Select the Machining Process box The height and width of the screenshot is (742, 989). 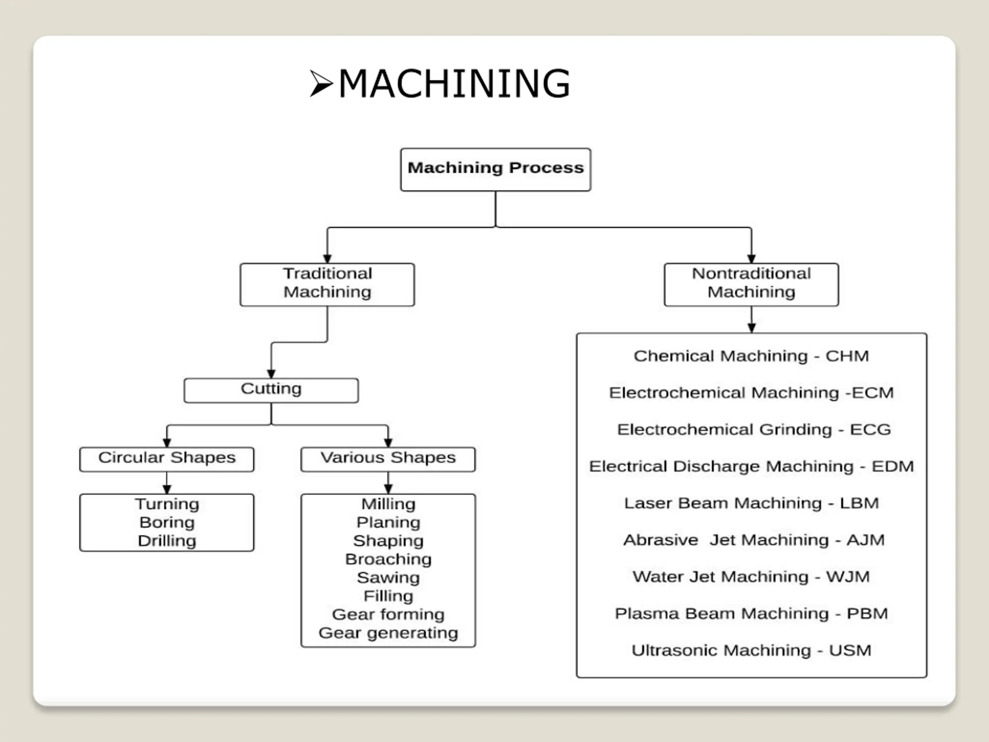click(x=495, y=170)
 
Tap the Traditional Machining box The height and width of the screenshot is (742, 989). click(x=327, y=284)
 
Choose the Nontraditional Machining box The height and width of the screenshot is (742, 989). click(x=751, y=284)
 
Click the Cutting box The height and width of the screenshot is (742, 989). click(x=271, y=390)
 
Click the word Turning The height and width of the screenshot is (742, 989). click(x=167, y=504)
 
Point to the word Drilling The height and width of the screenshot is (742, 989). click(x=167, y=541)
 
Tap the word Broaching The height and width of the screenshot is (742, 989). click(x=388, y=559)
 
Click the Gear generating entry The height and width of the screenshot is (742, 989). click(x=388, y=633)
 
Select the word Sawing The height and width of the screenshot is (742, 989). click(x=388, y=577)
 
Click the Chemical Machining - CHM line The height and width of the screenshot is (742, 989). click(x=751, y=356)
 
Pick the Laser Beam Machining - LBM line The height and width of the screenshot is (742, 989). click(x=751, y=503)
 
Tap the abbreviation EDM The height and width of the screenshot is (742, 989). click(x=892, y=466)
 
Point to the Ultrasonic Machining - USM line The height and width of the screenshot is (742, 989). click(x=751, y=650)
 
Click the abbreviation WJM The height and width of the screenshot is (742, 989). click(x=848, y=577)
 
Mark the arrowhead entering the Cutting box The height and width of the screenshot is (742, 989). click(x=271, y=374)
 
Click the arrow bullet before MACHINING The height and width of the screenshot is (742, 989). click(x=321, y=83)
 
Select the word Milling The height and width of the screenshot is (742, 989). click(x=388, y=504)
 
